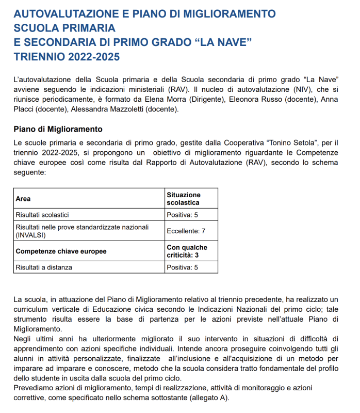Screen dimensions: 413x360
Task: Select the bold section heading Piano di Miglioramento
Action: (x=58, y=129)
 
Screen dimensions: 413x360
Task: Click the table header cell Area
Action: (x=23, y=199)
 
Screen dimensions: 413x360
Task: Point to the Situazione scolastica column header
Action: (x=184, y=199)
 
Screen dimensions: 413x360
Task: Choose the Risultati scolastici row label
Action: (x=42, y=215)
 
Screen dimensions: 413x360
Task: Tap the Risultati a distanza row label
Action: (x=44, y=267)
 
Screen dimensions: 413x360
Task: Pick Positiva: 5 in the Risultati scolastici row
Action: (x=182, y=215)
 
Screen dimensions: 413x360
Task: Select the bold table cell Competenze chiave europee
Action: (x=61, y=251)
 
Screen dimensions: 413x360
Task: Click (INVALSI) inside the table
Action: (x=31, y=235)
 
